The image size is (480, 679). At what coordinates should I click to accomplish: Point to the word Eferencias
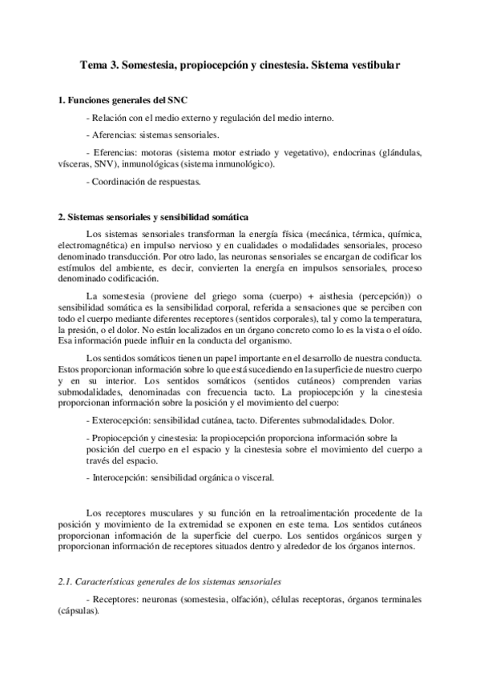point(117,151)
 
